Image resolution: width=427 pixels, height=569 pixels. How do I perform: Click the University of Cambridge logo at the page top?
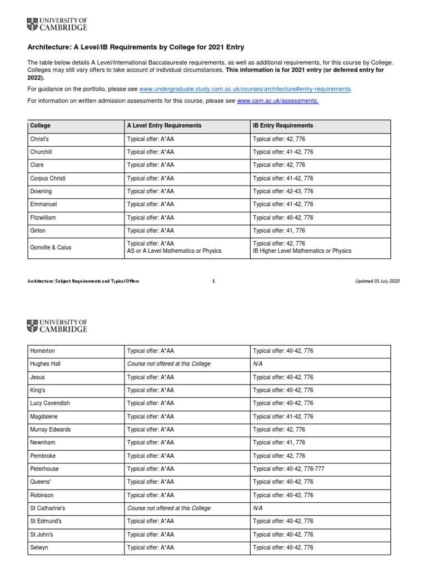(57, 24)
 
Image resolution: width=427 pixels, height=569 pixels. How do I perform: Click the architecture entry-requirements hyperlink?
(245, 89)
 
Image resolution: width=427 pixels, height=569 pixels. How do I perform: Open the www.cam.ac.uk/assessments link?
(277, 101)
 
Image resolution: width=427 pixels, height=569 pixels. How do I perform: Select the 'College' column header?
(41, 126)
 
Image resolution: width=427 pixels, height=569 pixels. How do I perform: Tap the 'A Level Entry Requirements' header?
(164, 126)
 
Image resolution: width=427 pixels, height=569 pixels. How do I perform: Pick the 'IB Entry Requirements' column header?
(283, 126)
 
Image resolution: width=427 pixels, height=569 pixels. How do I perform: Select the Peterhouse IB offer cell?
(289, 469)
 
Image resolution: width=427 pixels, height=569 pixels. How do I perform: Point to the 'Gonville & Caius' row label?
(51, 247)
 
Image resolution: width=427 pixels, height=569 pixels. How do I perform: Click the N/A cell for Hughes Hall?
(259, 364)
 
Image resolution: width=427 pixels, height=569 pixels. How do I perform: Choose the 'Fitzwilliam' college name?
(43, 218)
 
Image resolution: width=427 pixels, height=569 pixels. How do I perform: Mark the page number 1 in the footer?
(213, 281)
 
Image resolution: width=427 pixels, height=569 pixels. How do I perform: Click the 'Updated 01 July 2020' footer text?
(377, 281)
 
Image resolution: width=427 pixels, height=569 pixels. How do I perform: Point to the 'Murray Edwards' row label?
(51, 430)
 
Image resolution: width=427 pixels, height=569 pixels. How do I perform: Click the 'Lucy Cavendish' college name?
(50, 403)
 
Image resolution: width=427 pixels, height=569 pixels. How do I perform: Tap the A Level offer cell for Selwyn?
(151, 548)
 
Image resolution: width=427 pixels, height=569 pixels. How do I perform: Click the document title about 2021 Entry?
(136, 47)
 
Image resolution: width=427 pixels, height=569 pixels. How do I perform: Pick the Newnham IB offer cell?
(279, 443)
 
